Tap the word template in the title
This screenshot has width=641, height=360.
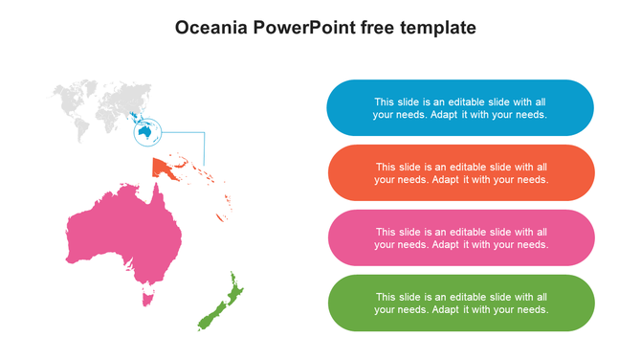coord(438,28)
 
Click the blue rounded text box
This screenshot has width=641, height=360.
coord(460,107)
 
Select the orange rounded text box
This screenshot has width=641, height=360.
coord(460,172)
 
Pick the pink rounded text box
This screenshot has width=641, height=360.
coord(460,237)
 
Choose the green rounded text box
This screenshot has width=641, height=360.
coord(460,303)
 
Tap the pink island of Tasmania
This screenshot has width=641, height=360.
coord(147,300)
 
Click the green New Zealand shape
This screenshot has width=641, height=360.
coord(218,304)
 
